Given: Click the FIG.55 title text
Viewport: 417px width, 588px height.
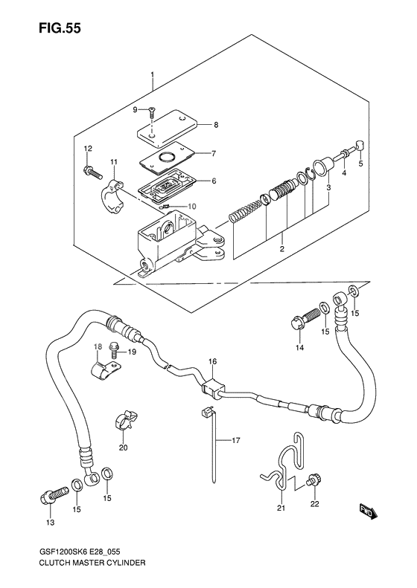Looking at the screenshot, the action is [60, 28].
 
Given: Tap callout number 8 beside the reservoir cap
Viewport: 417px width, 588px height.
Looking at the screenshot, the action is [216, 125].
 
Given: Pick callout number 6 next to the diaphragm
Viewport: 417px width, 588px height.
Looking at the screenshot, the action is [214, 181].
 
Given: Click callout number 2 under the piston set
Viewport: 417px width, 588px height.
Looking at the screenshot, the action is [281, 248].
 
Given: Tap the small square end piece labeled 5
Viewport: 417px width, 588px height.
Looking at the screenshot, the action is [360, 145].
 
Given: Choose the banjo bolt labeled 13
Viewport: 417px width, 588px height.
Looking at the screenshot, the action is [54, 496].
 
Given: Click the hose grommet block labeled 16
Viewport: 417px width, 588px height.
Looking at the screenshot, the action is [211, 386].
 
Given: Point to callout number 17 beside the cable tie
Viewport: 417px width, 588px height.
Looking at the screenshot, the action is [235, 441].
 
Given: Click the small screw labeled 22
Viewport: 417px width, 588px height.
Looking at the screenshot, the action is [311, 481].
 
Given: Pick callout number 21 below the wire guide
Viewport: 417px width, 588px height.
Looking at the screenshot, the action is [281, 508].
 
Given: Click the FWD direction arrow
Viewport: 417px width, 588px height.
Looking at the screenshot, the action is [366, 511].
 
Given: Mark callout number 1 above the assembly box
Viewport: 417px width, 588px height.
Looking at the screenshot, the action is [153, 74].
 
